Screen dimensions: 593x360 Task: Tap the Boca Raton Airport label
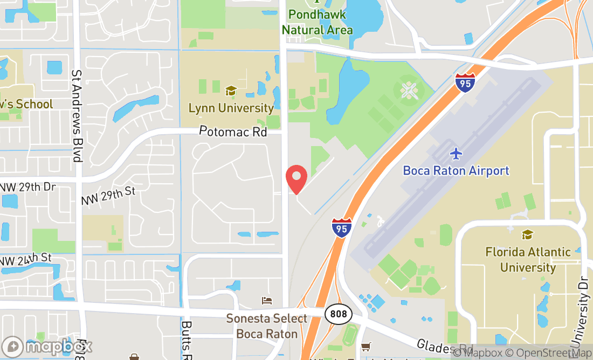click(456, 171)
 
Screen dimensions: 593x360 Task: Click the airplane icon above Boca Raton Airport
click(456, 154)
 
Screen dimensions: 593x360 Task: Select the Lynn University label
click(231, 108)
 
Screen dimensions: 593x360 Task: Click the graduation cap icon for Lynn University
click(231, 91)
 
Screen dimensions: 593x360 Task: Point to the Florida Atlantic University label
click(528, 260)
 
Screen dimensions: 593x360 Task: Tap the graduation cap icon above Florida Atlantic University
click(527, 235)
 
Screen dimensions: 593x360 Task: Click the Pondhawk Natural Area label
click(317, 22)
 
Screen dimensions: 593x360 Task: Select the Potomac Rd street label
click(233, 131)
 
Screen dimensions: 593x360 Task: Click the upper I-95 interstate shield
click(465, 83)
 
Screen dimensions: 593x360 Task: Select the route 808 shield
click(338, 314)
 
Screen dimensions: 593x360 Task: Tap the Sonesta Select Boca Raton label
click(266, 326)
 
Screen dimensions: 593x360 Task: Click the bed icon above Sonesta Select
click(266, 301)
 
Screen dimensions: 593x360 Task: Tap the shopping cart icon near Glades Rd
click(367, 347)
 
